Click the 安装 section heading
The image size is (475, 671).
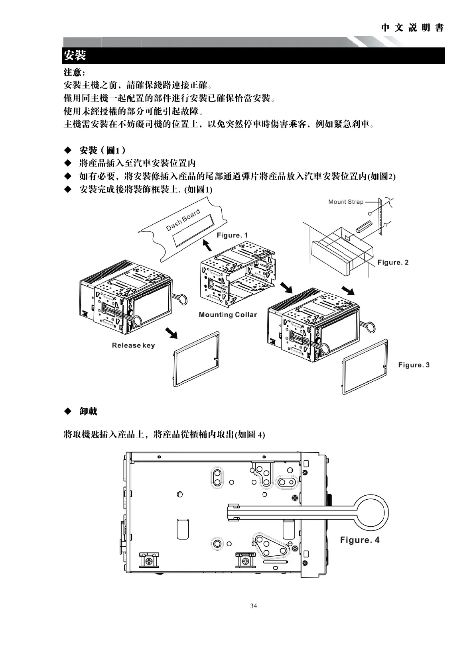click(75, 55)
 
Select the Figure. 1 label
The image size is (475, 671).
click(232, 235)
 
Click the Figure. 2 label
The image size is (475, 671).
click(393, 262)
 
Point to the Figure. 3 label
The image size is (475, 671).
click(414, 365)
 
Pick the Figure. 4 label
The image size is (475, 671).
click(360, 540)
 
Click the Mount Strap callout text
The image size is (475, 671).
click(346, 202)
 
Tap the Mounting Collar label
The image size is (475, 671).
click(228, 315)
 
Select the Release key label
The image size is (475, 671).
click(133, 345)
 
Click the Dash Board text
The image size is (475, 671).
click(183, 220)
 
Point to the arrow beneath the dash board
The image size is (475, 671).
click(207, 245)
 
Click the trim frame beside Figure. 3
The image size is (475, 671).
click(365, 367)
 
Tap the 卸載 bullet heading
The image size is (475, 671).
click(88, 411)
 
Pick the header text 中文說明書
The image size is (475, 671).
click(412, 28)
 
